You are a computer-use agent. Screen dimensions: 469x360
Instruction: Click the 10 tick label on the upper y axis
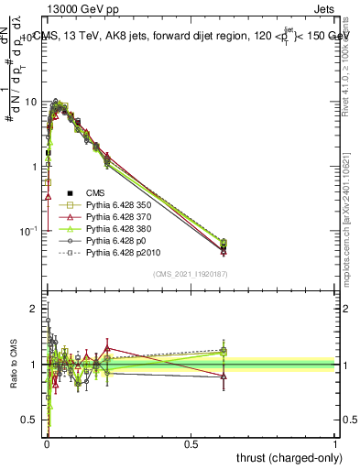coord(30,102)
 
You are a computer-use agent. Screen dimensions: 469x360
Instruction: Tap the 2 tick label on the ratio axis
coord(34,309)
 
